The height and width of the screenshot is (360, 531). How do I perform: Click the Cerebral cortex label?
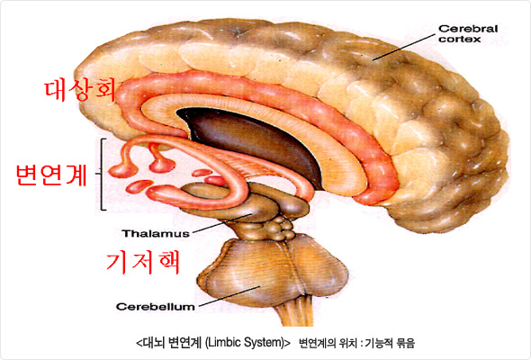click(468, 34)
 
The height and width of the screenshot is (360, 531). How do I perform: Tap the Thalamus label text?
click(156, 233)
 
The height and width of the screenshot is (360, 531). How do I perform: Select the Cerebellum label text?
click(156, 307)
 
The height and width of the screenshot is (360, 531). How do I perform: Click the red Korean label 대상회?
click(80, 90)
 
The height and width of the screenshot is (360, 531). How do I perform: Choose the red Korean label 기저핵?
click(143, 262)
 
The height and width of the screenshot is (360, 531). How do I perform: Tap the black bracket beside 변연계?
click(103, 174)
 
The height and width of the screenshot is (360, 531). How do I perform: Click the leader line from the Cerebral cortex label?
click(404, 47)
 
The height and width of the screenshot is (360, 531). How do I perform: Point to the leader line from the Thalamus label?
click(221, 223)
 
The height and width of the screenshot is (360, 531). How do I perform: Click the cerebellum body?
click(273, 271)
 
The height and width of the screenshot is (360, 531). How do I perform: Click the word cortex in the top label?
click(460, 40)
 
